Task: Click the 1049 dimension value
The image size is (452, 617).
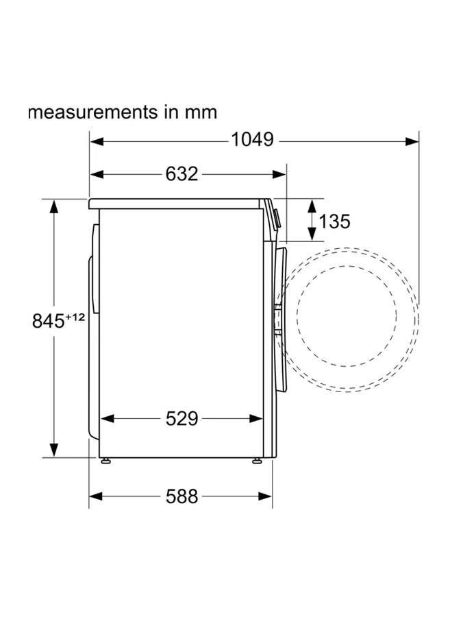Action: tap(252, 140)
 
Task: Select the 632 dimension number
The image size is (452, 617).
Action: tap(181, 174)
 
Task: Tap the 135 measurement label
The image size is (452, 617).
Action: tap(334, 221)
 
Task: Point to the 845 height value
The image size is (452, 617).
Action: tap(48, 321)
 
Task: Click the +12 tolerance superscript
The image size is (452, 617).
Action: tap(75, 317)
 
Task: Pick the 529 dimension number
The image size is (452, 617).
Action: tap(181, 419)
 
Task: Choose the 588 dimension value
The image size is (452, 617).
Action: tap(181, 496)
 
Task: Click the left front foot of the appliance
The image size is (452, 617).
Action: tap(105, 461)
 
